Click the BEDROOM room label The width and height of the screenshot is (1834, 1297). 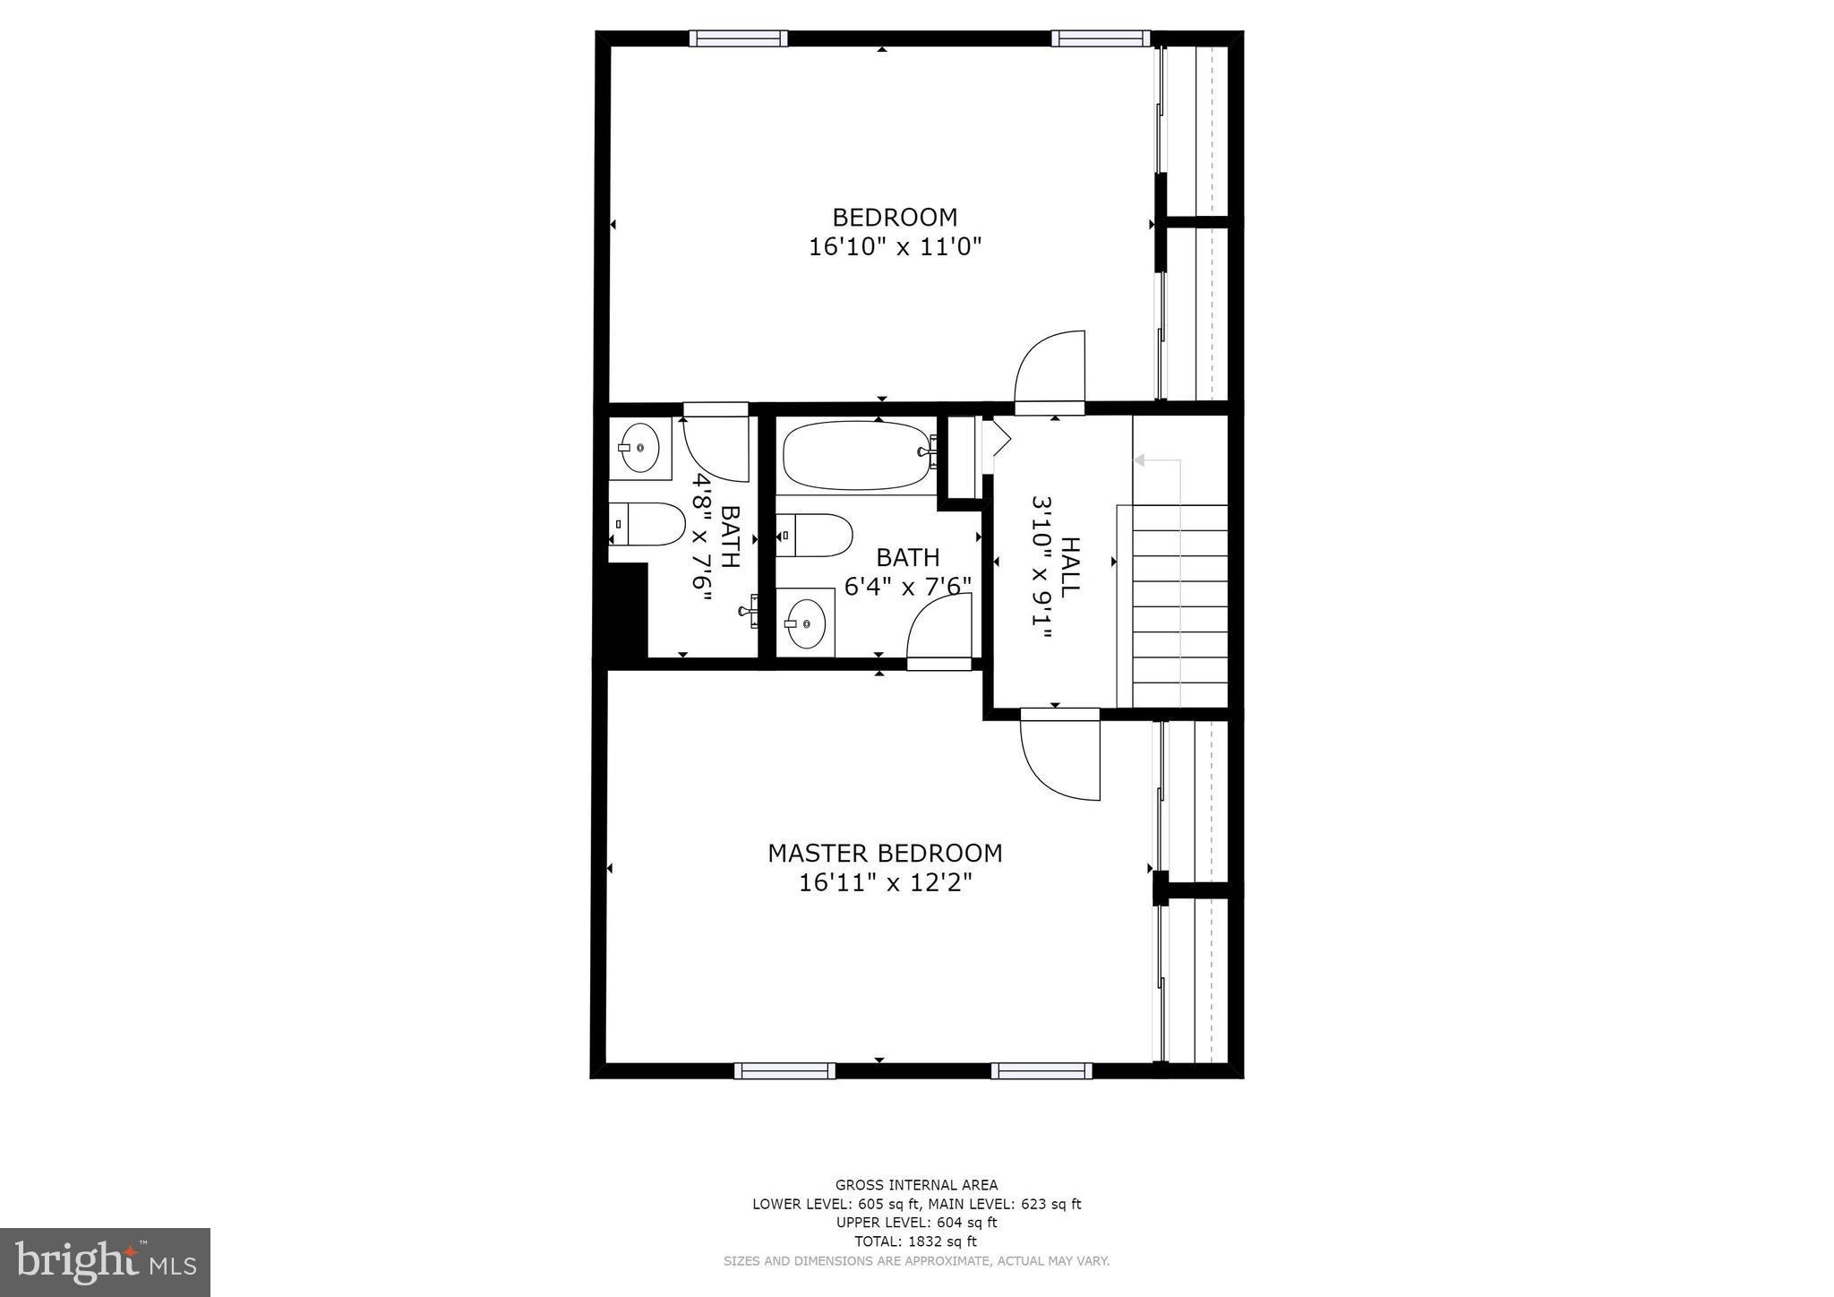[x=895, y=218]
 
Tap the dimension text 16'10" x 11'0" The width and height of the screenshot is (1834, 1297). [x=895, y=247]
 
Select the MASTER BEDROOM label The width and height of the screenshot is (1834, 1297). [x=885, y=853]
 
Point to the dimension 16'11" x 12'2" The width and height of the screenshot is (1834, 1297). [x=885, y=883]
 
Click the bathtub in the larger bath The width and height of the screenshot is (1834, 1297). [x=857, y=455]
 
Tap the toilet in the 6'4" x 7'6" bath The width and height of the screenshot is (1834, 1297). [x=814, y=535]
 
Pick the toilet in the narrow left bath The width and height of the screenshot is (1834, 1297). [x=647, y=524]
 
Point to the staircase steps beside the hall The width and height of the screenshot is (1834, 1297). [x=1180, y=606]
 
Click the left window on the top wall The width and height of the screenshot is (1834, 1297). [x=739, y=39]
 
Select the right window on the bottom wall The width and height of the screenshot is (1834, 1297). [x=1041, y=1070]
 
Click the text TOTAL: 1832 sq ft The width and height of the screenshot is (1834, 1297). [x=916, y=1241]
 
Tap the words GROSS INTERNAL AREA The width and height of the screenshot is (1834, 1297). [x=916, y=1185]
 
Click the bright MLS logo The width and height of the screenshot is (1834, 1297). [x=106, y=1261]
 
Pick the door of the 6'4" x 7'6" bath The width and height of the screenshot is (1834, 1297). [x=940, y=632]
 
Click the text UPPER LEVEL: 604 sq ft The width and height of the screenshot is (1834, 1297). [x=916, y=1223]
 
